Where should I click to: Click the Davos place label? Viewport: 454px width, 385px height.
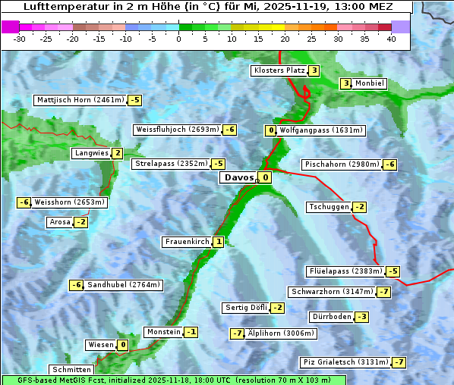(x=238, y=178)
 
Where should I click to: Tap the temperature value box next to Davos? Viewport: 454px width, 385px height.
(x=264, y=178)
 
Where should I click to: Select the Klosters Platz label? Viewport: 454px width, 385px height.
(x=279, y=70)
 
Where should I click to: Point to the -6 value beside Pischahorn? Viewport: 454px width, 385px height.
(x=389, y=164)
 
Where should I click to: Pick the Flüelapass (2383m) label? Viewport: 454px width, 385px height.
(x=345, y=271)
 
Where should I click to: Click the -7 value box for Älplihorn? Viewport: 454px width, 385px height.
(x=238, y=333)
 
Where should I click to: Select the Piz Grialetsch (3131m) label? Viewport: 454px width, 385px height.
(x=345, y=362)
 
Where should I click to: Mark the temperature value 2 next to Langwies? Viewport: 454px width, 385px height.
(x=117, y=153)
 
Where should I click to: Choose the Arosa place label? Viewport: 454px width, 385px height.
(x=59, y=222)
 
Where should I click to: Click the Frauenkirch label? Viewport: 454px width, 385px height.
(x=187, y=242)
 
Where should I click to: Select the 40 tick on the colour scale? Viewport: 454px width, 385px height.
(x=391, y=38)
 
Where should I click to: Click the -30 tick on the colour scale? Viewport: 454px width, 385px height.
(x=20, y=38)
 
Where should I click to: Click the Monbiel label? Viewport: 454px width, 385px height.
(x=370, y=83)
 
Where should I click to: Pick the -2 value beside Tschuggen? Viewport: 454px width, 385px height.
(x=359, y=207)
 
